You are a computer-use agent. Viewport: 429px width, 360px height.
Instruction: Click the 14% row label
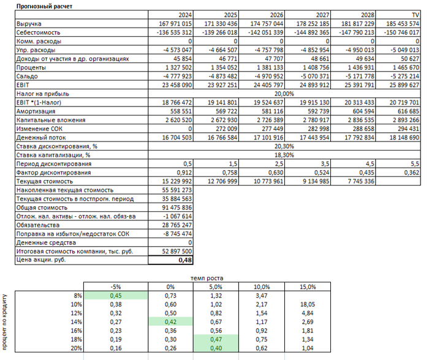pyautogui.click(x=76, y=322)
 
